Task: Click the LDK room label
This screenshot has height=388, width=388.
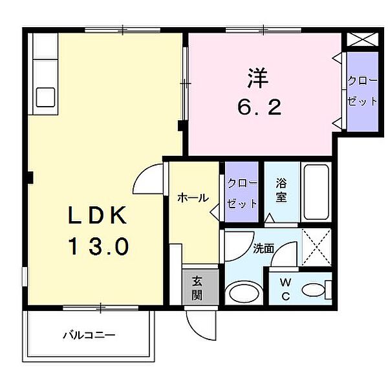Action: tap(97, 215)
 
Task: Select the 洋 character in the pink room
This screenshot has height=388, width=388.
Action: tap(258, 78)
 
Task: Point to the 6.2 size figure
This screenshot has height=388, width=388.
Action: tap(259, 107)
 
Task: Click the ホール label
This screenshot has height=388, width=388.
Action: tap(193, 198)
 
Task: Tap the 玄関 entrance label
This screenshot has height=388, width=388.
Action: tap(197, 288)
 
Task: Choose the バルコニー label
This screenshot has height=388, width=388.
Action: tap(89, 335)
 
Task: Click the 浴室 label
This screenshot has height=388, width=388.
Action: tap(281, 189)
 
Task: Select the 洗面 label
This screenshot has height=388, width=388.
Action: tap(263, 249)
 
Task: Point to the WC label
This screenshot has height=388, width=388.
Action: tap(286, 289)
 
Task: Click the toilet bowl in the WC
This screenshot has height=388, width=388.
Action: tap(314, 290)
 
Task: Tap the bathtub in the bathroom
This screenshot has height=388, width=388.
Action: tap(316, 192)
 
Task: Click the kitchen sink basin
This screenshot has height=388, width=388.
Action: tap(45, 98)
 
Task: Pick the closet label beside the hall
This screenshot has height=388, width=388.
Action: tap(242, 193)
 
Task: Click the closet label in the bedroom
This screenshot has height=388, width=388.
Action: tap(362, 91)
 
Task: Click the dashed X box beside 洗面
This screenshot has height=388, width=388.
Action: tap(316, 248)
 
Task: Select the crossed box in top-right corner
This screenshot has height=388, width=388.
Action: tap(363, 39)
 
